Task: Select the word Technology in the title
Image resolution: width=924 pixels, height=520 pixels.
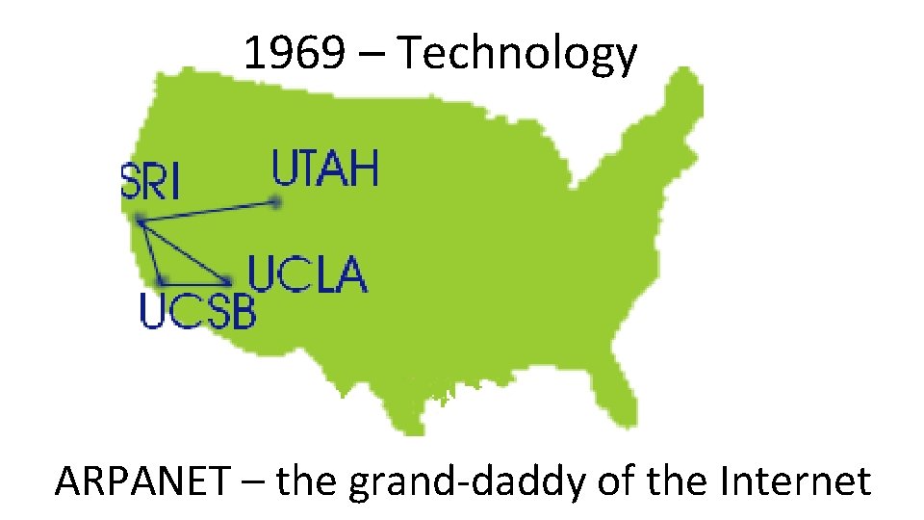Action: (x=517, y=55)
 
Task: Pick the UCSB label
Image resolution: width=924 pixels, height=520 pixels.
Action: (x=198, y=311)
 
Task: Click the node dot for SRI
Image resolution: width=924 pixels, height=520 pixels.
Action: (x=141, y=221)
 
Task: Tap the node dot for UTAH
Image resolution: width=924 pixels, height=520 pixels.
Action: (x=276, y=202)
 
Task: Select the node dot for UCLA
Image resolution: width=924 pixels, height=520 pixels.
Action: (x=228, y=281)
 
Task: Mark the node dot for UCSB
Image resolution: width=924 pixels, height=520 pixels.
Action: (x=163, y=280)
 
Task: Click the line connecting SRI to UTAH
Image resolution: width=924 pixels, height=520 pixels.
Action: (x=208, y=212)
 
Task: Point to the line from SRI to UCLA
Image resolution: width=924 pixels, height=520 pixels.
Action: (x=185, y=251)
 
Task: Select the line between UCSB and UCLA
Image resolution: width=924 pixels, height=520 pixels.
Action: (x=195, y=281)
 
